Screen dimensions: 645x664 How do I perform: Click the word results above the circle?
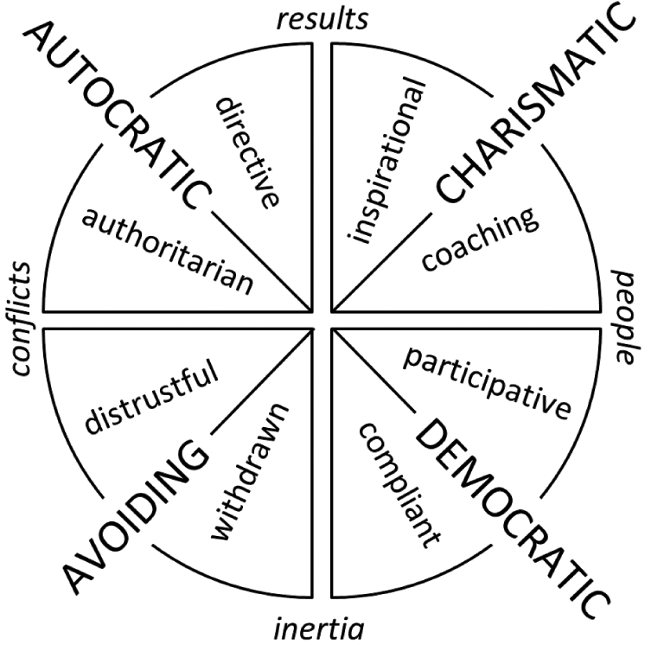click(322, 17)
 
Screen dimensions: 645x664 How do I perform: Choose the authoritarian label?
click(169, 251)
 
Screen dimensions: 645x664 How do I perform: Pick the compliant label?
click(399, 484)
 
